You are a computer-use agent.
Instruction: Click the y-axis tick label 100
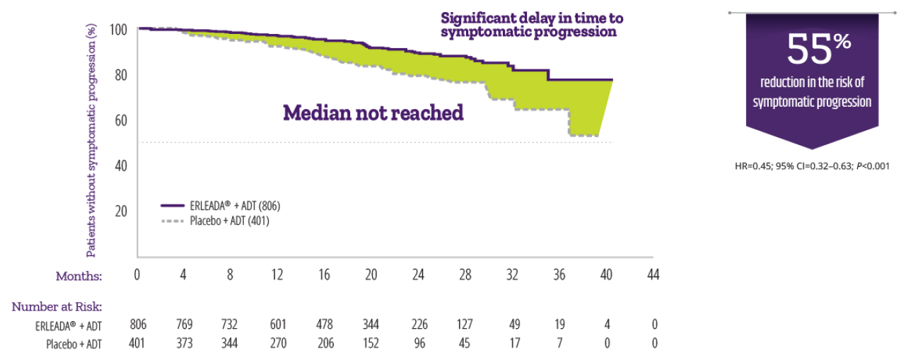[x=118, y=30]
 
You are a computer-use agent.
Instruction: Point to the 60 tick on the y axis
[x=121, y=120]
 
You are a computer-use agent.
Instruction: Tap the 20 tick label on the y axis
[x=121, y=211]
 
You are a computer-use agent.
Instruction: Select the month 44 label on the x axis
[x=653, y=275]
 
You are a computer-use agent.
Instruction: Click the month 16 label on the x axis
[x=324, y=275]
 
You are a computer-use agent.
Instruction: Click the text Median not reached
[x=373, y=112]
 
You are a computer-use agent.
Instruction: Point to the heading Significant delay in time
[x=532, y=18]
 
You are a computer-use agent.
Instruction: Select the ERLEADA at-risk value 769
[x=184, y=325]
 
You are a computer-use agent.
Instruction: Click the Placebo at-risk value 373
[x=184, y=344]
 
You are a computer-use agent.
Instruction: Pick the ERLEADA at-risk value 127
[x=465, y=325]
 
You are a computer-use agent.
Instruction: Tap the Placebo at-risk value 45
[x=465, y=344]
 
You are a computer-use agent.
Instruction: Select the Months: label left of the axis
[x=80, y=276]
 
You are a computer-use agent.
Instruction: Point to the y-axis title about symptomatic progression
[x=91, y=141]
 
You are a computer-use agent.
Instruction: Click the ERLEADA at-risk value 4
[x=605, y=325]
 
